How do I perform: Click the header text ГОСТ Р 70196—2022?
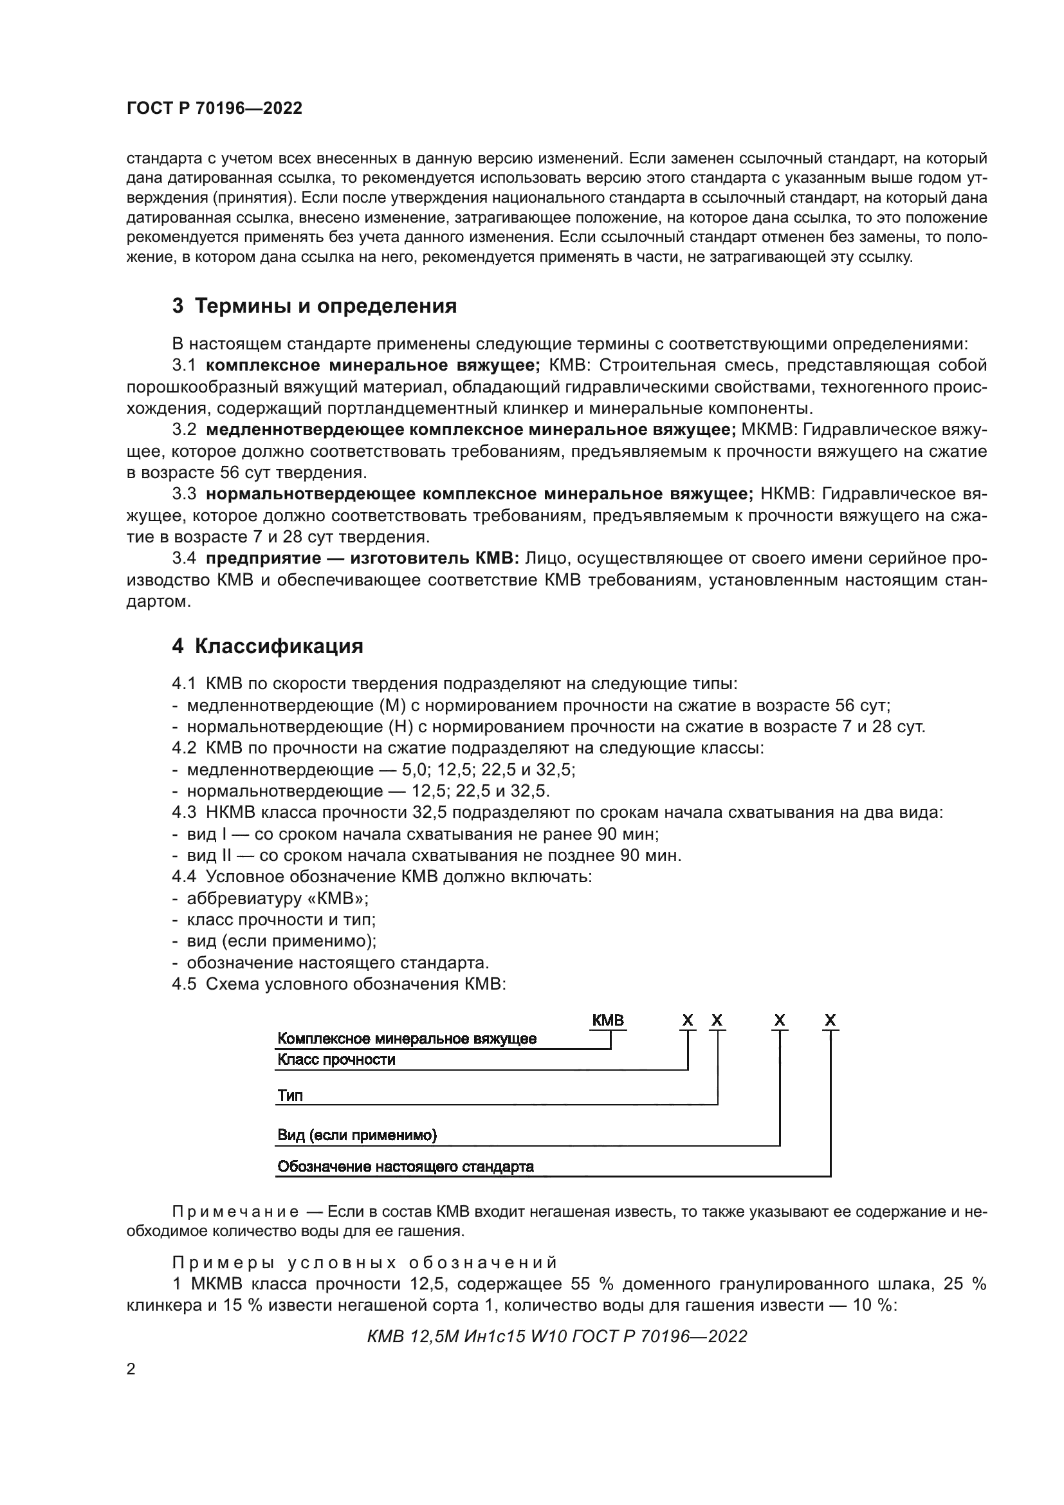[214, 109]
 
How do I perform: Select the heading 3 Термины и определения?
[314, 306]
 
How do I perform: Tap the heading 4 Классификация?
[268, 646]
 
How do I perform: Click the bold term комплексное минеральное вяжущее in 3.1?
[372, 365]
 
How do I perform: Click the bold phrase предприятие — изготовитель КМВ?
[362, 559]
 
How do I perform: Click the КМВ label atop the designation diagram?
[607, 1020]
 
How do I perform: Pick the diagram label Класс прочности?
[336, 1060]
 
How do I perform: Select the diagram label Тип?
[289, 1095]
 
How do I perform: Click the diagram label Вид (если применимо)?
[357, 1135]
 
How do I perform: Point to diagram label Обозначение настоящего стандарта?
[405, 1167]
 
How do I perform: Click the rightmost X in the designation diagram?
[830, 1020]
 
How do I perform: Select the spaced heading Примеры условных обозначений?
[364, 1263]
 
